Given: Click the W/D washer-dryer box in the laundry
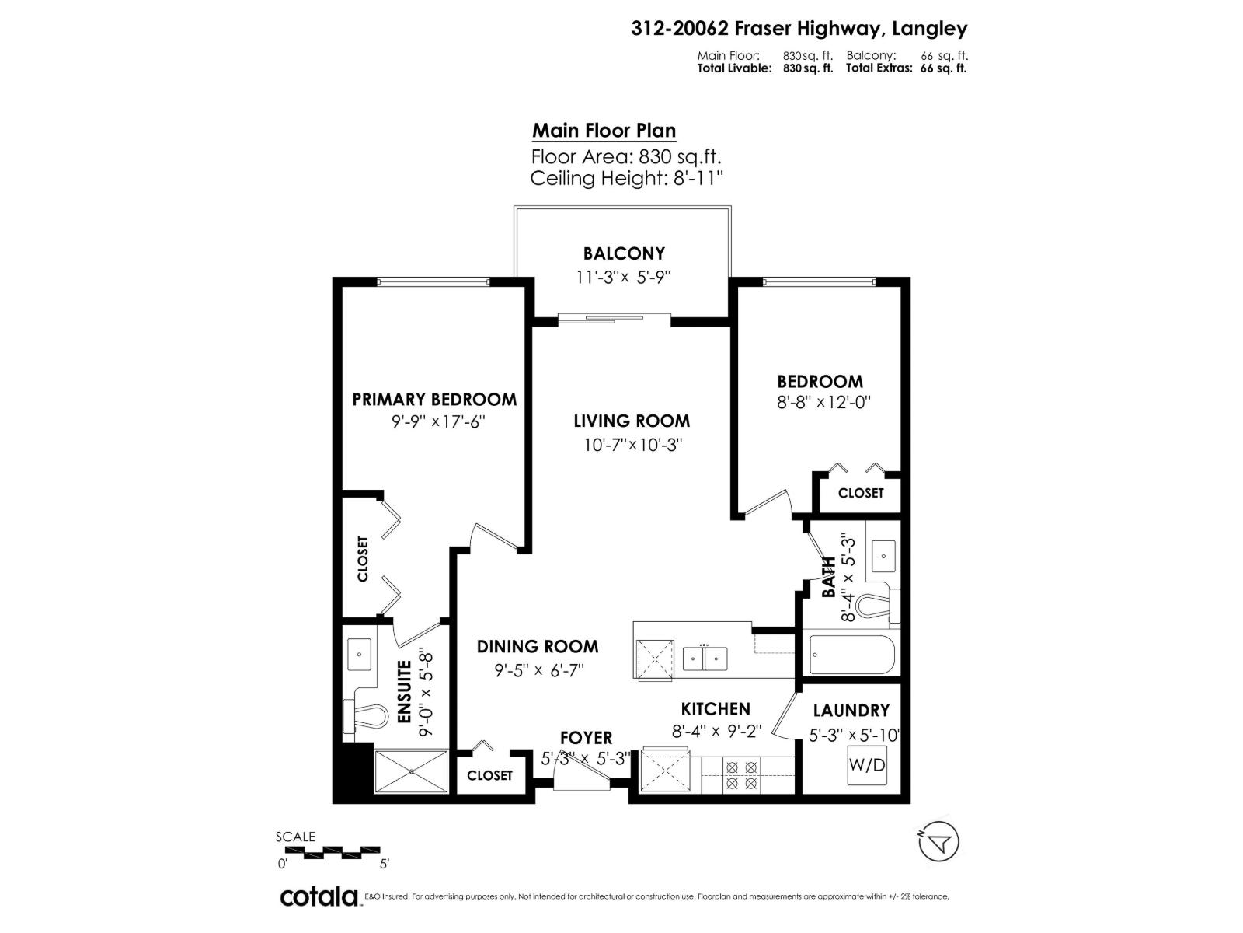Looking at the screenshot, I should point(866,765).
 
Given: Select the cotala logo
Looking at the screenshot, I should point(319,896).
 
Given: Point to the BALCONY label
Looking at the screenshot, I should point(624,253).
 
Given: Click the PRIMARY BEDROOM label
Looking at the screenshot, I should point(434,400).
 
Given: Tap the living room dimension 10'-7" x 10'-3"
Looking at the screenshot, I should point(632,446).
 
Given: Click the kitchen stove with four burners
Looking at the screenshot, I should point(740,775).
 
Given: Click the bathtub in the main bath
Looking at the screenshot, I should point(851,655).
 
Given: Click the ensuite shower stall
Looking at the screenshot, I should point(412,771).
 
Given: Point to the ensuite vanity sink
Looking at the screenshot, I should point(359,655).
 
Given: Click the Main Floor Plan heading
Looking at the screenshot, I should point(604,131).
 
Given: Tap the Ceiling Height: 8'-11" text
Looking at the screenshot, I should point(626,179).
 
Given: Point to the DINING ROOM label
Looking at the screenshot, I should point(537,646).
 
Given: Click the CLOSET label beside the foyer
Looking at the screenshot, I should point(489,775).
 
